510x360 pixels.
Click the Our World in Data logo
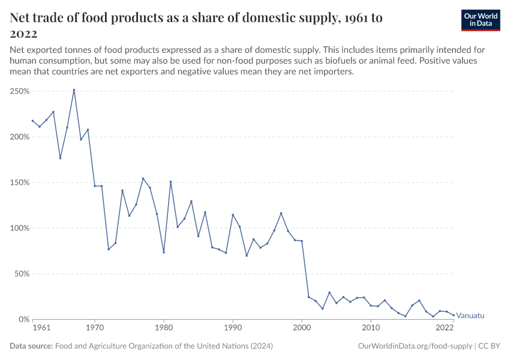[481, 20]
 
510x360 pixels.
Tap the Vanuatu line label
[470, 316]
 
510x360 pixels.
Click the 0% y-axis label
[23, 319]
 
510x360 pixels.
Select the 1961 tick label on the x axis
[41, 328]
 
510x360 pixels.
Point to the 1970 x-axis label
[95, 328]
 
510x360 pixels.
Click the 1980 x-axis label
[164, 328]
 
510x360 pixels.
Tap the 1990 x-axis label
[233, 328]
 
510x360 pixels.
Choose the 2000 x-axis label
[302, 328]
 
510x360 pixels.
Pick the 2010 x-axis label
[371, 328]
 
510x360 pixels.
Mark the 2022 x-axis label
[445, 328]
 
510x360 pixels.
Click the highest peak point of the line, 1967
[74, 90]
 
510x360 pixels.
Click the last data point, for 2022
[454, 315]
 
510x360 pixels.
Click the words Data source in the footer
[31, 346]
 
